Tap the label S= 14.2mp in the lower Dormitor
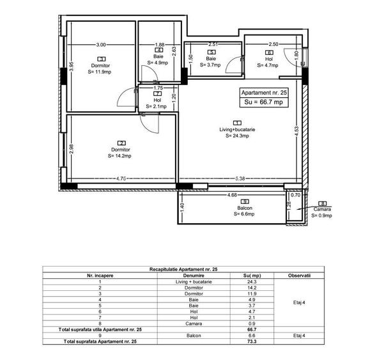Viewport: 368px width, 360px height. pyautogui.click(x=119, y=155)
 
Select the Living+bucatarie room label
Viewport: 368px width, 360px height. pyautogui.click(x=237, y=129)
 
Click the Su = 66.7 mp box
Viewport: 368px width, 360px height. pyautogui.click(x=263, y=102)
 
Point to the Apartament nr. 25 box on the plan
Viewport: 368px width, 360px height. pyautogui.click(x=263, y=91)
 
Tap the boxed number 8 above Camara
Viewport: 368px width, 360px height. pyautogui.click(x=323, y=203)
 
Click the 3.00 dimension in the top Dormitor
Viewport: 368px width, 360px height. pyautogui.click(x=101, y=45)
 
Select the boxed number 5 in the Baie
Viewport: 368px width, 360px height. pyautogui.click(x=212, y=52)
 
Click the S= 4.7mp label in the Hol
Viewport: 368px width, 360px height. pyautogui.click(x=269, y=65)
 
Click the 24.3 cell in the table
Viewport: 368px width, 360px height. pyautogui.click(x=251, y=281)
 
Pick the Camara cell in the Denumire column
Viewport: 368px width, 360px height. pyautogui.click(x=194, y=324)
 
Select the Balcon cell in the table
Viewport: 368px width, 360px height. pyautogui.click(x=194, y=335)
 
